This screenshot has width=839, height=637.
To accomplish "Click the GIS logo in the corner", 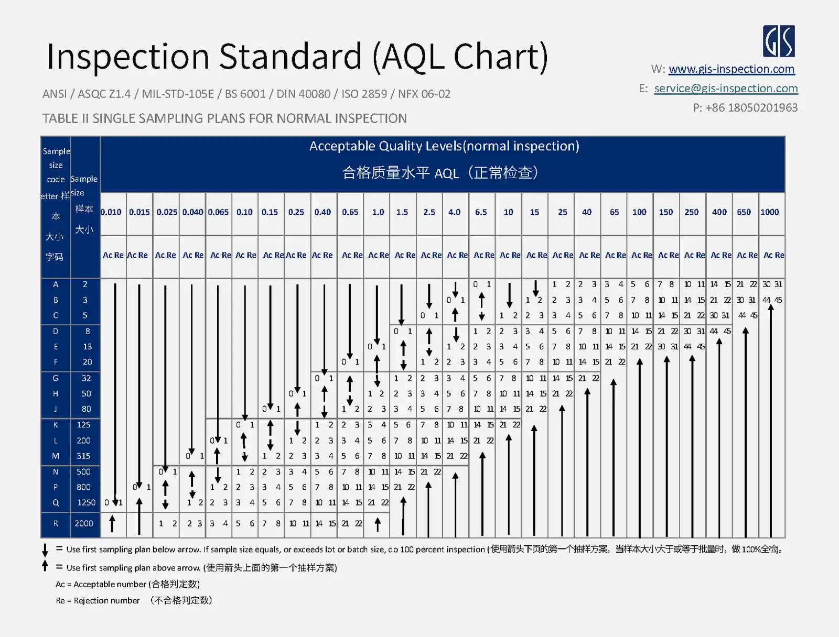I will (779, 41).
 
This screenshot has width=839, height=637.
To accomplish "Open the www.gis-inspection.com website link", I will (732, 69).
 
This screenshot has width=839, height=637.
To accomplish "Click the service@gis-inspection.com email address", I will (726, 89).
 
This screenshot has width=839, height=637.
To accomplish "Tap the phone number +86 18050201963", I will (751, 108).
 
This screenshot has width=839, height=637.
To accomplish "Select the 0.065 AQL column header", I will (218, 212).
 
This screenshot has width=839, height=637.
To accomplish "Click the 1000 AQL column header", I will (770, 212).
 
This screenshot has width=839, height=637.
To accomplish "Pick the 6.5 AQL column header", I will (481, 212).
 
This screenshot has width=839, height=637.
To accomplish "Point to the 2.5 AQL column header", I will (429, 212).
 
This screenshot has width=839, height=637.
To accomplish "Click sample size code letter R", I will (56, 523).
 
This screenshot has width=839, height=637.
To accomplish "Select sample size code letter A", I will (56, 284).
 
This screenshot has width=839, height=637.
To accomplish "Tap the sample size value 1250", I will (87, 502).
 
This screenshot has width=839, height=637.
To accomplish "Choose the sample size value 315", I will (84, 456).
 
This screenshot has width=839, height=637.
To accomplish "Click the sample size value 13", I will (87, 346).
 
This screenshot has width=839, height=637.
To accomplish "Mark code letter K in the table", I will (56, 425).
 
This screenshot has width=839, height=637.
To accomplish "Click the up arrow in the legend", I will (45, 566).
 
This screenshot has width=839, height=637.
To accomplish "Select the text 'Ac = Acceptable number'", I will (101, 584).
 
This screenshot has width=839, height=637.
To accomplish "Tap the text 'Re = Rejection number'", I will (98, 601).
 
